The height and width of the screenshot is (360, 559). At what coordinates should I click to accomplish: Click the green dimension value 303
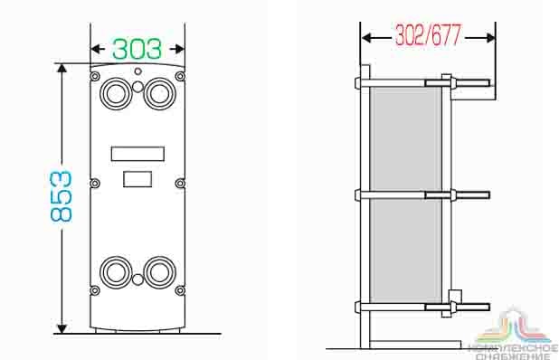[137, 49]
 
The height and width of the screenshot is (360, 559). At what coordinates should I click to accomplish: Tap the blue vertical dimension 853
[61, 196]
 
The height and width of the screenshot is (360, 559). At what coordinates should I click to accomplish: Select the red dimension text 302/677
[428, 35]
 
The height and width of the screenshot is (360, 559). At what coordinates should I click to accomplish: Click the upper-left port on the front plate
[116, 93]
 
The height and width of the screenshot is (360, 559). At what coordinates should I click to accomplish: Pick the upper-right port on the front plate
[159, 93]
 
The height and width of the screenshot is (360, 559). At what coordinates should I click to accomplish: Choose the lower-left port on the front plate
[116, 272]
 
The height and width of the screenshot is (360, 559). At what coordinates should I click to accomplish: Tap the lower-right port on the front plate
[159, 272]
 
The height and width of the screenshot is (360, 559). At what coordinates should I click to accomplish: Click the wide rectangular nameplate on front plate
[137, 154]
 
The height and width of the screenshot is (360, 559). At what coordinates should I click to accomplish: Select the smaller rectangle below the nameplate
[137, 179]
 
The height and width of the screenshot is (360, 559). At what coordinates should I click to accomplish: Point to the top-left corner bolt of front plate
[95, 76]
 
